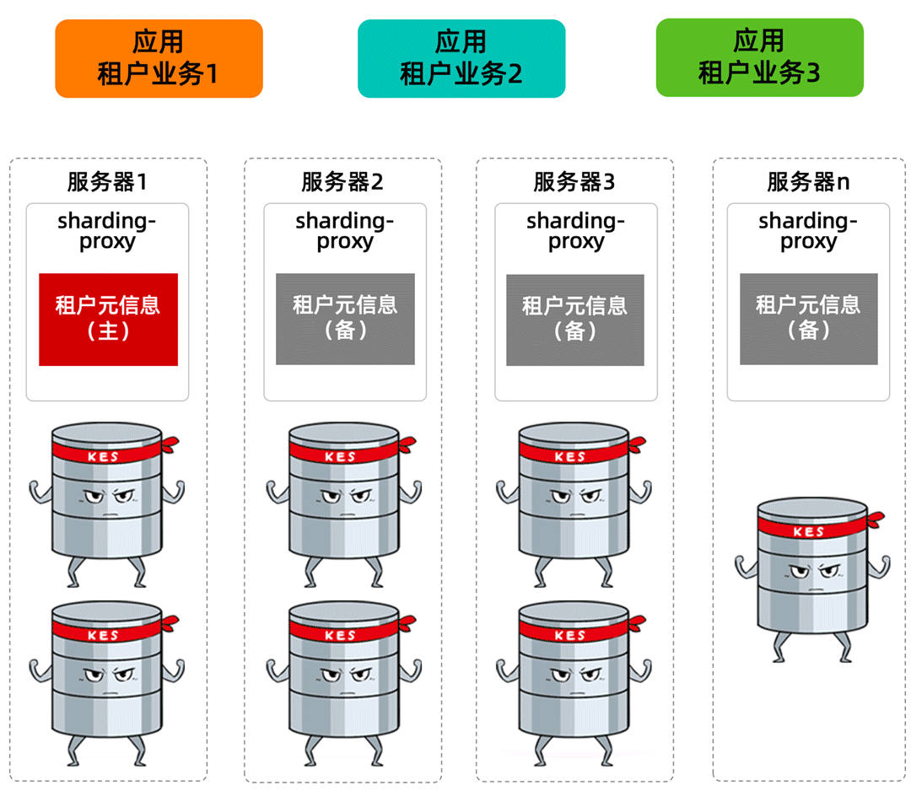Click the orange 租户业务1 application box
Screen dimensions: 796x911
click(159, 58)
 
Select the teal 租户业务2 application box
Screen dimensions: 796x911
click(461, 58)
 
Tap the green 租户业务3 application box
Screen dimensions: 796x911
click(759, 57)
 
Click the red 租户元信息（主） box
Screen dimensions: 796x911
click(108, 319)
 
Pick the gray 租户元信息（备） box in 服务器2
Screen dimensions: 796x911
click(345, 318)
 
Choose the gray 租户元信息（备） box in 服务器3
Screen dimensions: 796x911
click(575, 319)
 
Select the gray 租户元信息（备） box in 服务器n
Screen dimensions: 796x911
click(808, 319)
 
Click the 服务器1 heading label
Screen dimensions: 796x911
click(107, 181)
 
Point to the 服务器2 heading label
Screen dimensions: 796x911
click(342, 181)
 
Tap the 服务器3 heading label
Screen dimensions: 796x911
click(574, 181)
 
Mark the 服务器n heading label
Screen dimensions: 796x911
click(807, 181)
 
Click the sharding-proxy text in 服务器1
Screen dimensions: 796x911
click(107, 231)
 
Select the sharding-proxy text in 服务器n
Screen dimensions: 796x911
click(807, 231)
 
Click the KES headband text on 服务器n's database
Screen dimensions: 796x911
click(809, 532)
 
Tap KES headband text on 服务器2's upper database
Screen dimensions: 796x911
click(340, 457)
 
